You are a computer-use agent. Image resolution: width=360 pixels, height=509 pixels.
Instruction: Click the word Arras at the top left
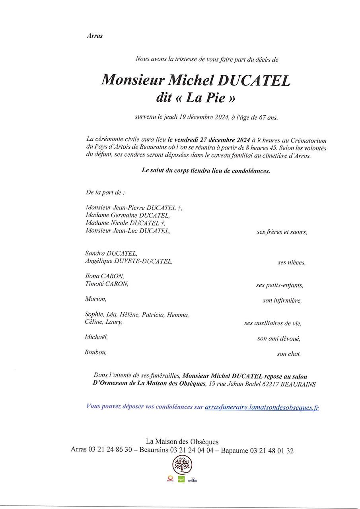94,36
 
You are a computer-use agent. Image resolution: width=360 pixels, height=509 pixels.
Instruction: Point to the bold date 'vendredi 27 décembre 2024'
209,140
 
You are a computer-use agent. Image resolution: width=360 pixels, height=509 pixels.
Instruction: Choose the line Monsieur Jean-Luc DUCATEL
127,231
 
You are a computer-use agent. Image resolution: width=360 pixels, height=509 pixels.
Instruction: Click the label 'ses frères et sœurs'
282,232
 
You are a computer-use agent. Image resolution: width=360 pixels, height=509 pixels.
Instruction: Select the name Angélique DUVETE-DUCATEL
128,261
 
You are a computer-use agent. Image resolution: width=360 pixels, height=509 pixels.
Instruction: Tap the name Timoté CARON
107,284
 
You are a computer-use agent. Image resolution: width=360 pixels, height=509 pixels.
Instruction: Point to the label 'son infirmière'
282,301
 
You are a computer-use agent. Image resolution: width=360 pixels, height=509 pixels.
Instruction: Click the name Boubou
95,352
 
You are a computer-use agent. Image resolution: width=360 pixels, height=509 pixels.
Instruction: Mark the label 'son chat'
289,354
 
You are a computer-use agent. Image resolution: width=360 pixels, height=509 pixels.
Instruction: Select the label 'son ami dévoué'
278,338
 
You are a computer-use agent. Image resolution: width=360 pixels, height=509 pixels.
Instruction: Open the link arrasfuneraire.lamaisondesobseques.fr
261,407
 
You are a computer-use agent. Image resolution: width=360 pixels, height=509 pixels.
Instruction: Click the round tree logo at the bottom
182,464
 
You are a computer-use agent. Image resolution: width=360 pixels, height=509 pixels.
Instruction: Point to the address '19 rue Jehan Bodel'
234,384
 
